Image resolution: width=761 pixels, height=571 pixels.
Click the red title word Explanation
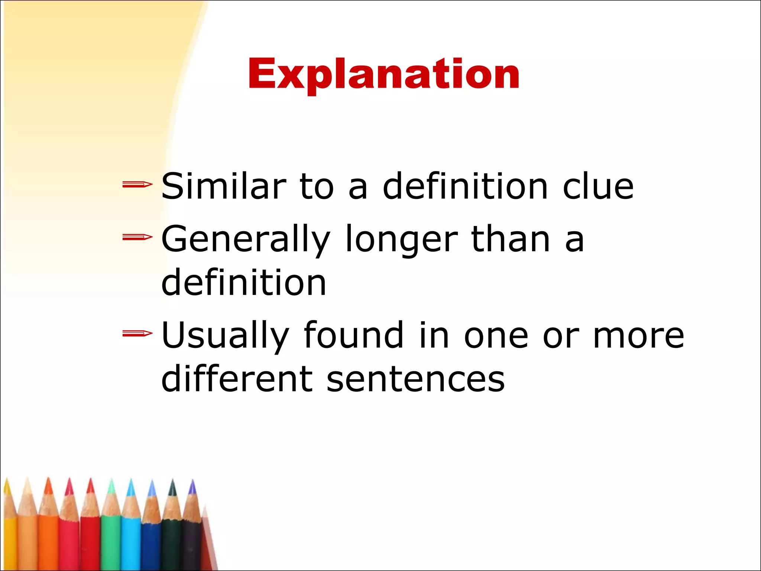tap(383, 74)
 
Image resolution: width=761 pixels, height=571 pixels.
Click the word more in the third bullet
tap(638, 336)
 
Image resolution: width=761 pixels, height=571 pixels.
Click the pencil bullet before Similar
tap(137, 184)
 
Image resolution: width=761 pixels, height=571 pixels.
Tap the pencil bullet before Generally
tap(137, 237)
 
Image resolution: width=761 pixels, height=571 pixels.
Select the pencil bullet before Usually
tap(137, 333)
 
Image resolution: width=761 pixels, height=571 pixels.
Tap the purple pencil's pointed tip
tap(192, 485)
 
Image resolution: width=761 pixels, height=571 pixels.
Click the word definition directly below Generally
tap(244, 283)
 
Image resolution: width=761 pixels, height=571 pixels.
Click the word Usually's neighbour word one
tap(496, 336)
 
